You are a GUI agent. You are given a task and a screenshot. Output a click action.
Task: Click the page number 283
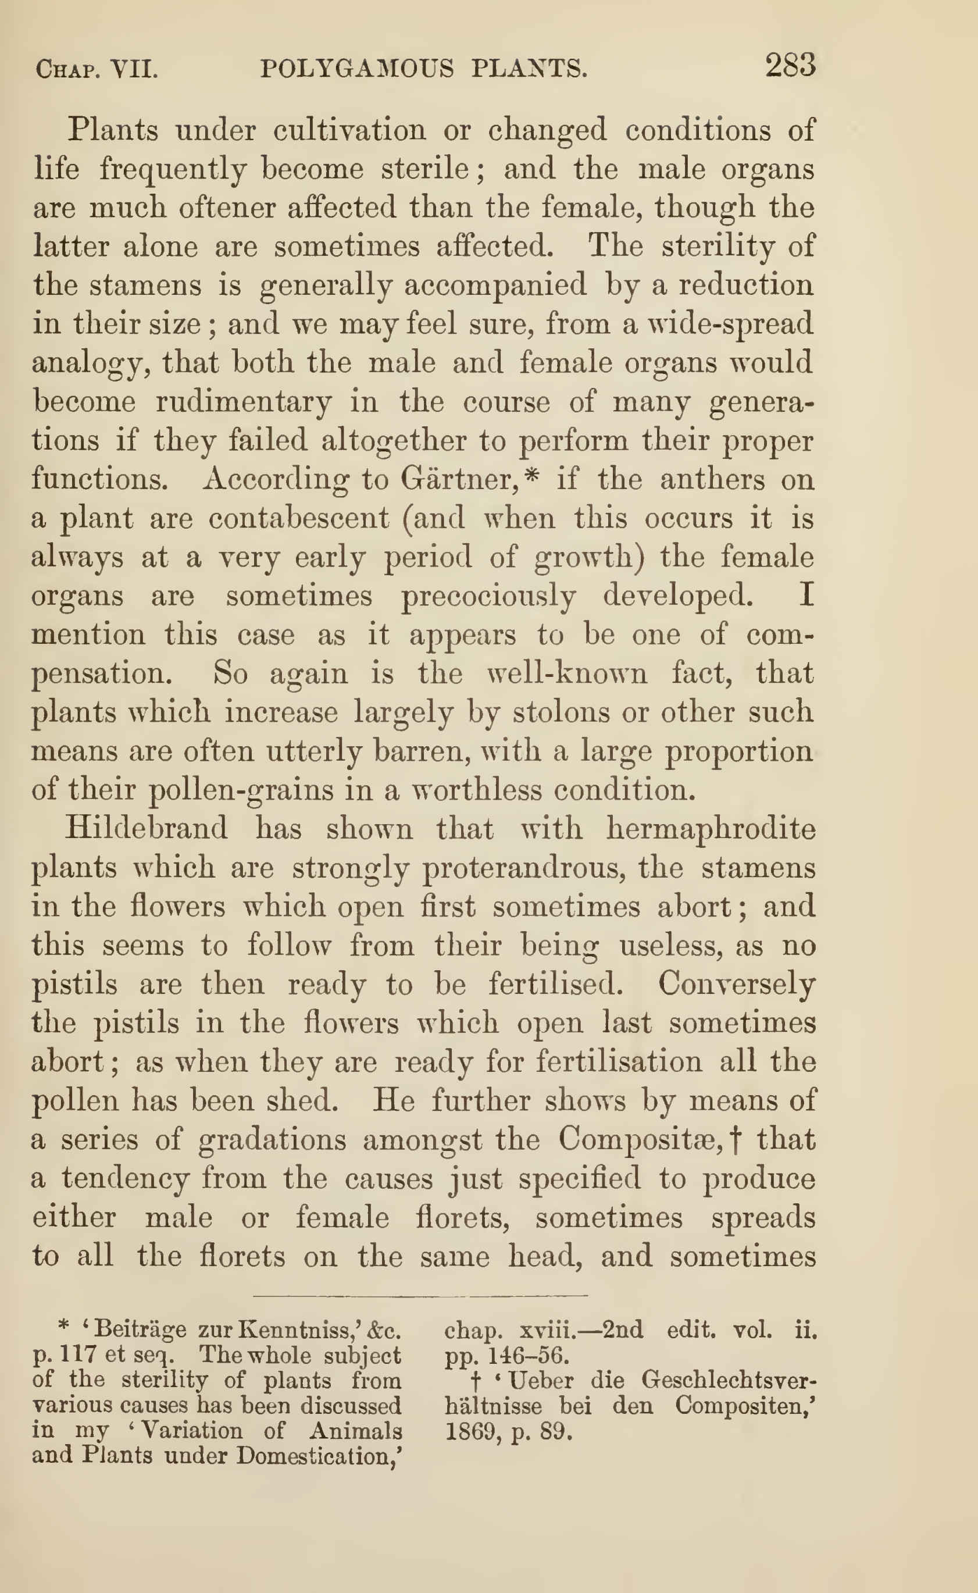(790, 65)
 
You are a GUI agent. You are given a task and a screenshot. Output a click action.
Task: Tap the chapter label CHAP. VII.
(97, 69)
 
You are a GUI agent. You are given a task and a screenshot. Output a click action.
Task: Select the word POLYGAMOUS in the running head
(357, 69)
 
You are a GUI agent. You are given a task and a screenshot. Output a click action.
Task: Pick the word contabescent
(299, 518)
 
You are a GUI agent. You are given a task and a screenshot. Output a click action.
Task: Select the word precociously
(488, 597)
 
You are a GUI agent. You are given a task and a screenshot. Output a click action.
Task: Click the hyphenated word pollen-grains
(260, 790)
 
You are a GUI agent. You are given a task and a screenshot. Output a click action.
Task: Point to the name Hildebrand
(146, 829)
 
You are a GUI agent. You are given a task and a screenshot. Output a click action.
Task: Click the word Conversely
(737, 985)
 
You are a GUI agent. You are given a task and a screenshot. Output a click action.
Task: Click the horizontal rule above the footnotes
(420, 1296)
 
